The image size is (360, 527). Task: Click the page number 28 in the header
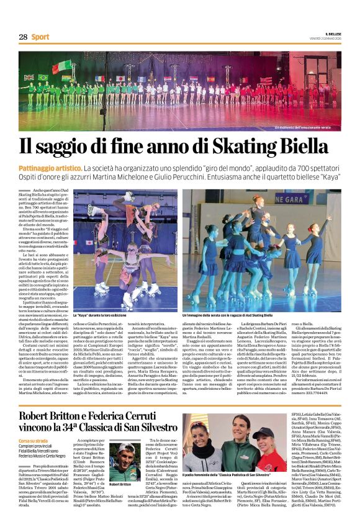(22, 37)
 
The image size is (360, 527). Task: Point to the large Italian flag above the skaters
(63, 67)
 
